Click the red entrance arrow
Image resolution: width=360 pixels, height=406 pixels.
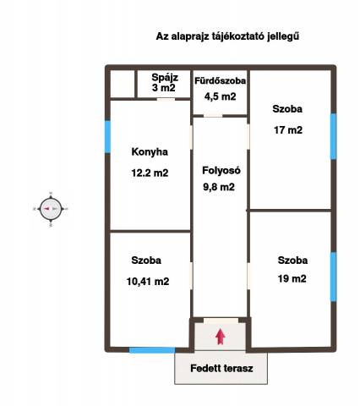click(221, 337)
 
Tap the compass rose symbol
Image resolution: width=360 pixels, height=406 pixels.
click(51, 209)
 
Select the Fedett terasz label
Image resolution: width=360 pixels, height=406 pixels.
click(221, 368)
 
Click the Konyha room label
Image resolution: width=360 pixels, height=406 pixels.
click(150, 152)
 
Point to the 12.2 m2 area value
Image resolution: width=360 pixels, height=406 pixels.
click(150, 173)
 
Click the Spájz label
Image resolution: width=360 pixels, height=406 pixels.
click(165, 77)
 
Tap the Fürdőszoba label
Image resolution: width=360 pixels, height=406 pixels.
click(220, 80)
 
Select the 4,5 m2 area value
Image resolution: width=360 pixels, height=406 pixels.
click(220, 96)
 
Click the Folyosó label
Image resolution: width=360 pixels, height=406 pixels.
click(221, 170)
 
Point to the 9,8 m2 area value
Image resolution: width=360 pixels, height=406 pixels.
click(219, 187)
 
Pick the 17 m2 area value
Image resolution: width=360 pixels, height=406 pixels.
click(288, 130)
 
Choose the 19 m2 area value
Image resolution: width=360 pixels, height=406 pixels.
click(292, 278)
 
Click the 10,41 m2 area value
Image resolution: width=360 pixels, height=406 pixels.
click(148, 282)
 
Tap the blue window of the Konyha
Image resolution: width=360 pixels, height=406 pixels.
click(107, 137)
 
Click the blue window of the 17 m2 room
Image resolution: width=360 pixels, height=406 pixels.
click(334, 136)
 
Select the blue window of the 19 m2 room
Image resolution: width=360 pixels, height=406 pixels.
click(334, 277)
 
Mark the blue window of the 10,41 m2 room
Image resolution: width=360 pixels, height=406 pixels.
click(152, 350)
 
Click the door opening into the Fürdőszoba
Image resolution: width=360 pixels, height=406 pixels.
click(213, 116)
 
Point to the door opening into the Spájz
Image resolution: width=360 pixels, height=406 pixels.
click(166, 99)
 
